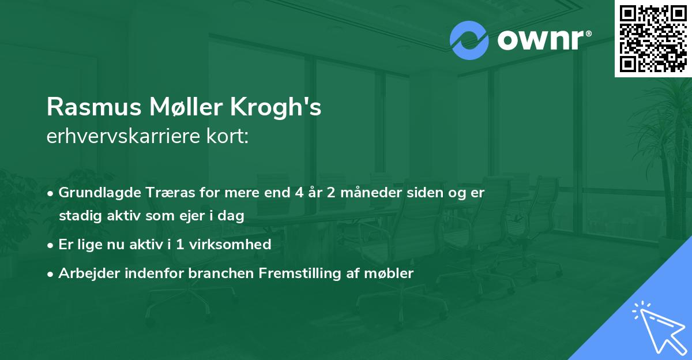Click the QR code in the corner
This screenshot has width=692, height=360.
tap(653, 39)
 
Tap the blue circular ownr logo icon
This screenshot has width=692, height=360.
tap(469, 40)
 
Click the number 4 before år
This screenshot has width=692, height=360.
tap(299, 193)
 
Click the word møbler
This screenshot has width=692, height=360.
tap(392, 273)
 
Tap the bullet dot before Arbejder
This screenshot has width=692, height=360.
tap(51, 274)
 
